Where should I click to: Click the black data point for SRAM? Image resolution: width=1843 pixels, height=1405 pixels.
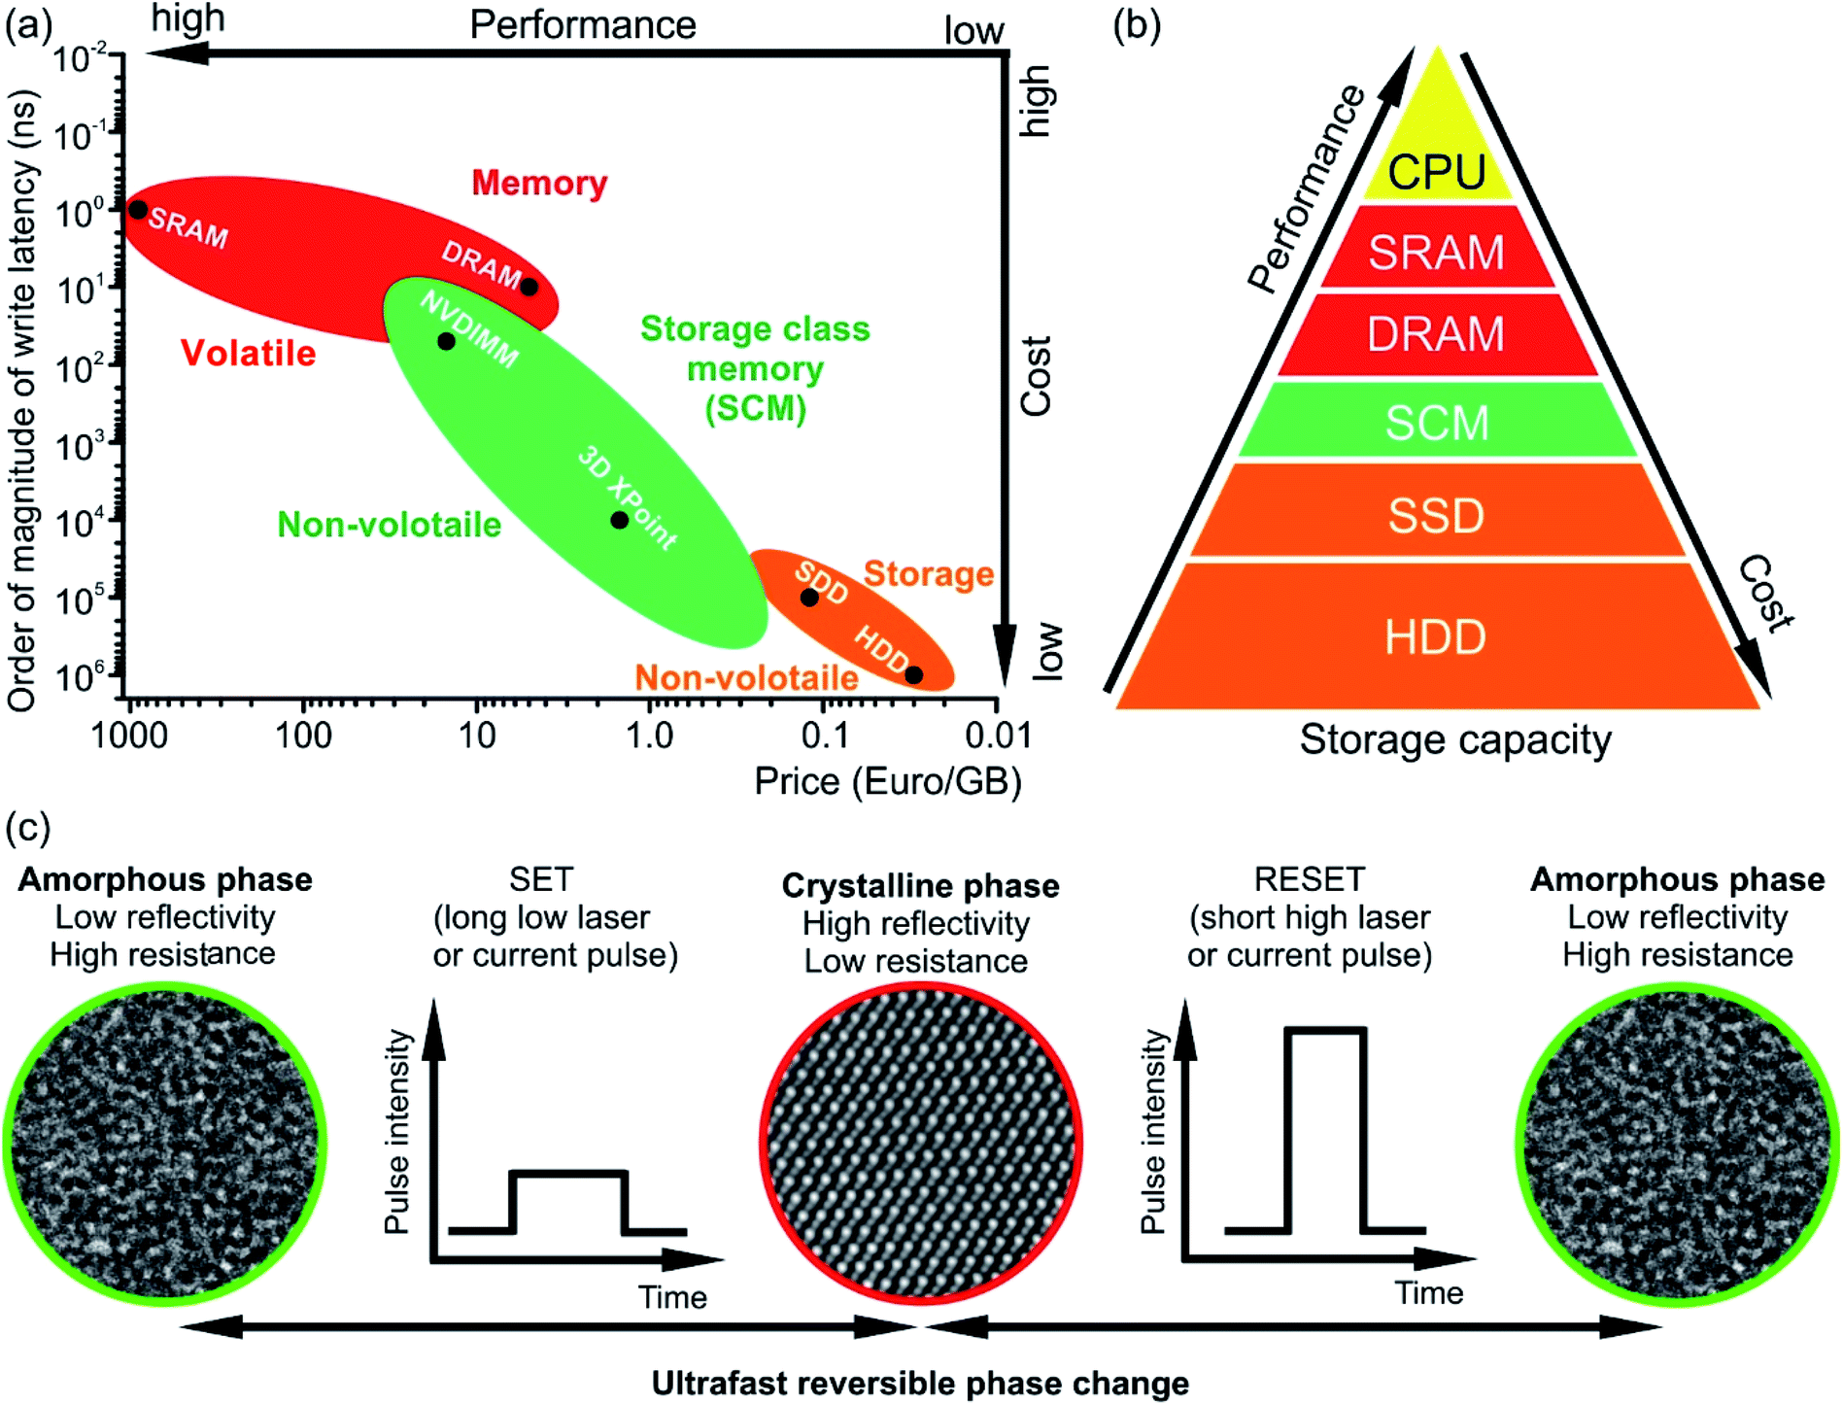click(x=139, y=210)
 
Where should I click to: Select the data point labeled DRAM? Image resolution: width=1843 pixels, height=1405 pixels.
click(x=529, y=287)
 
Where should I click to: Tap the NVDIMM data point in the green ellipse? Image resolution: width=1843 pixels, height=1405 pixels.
click(x=446, y=341)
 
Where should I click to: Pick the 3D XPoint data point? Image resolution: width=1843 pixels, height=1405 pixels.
click(x=619, y=520)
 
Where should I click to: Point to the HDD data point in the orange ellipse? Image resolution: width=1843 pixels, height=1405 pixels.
click(x=913, y=675)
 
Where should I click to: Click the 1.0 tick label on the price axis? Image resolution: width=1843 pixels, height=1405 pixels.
click(x=649, y=737)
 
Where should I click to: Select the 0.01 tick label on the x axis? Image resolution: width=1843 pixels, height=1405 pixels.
click(x=998, y=737)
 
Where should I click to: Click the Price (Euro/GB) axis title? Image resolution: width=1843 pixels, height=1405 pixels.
click(x=888, y=781)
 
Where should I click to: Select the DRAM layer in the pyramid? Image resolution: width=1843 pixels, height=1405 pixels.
click(x=1437, y=334)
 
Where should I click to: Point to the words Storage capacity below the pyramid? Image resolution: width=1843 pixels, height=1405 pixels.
click(x=1455, y=740)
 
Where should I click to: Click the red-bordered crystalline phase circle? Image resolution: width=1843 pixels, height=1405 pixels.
click(x=921, y=1142)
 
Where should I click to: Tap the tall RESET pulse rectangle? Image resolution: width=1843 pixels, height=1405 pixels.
click(x=1326, y=1127)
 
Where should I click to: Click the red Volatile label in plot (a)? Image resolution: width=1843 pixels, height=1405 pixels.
click(x=249, y=353)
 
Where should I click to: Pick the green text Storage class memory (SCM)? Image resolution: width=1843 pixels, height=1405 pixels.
click(x=755, y=369)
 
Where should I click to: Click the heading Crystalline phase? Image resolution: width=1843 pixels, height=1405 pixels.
click(x=920, y=886)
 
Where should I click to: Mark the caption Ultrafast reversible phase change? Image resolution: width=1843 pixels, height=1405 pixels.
click(x=920, y=1383)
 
